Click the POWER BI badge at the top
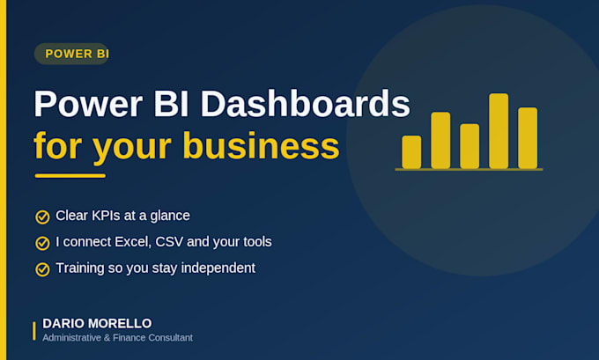[x=72, y=54]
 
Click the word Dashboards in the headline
[x=306, y=104]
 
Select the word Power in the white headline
[x=88, y=104]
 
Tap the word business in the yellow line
[x=261, y=146]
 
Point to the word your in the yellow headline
[x=132, y=150]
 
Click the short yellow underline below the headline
[x=70, y=176]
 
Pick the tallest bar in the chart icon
[x=499, y=131]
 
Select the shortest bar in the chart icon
[x=411, y=152]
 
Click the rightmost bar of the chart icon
[x=528, y=138]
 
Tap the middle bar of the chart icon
[x=470, y=146]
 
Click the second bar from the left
[x=440, y=140]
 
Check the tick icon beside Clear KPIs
[x=42, y=217]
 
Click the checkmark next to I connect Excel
[x=42, y=243]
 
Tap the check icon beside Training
[x=42, y=269]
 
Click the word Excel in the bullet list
[x=133, y=242]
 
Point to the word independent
[x=218, y=268]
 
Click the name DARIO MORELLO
[x=97, y=323]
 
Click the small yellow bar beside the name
[x=34, y=331]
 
